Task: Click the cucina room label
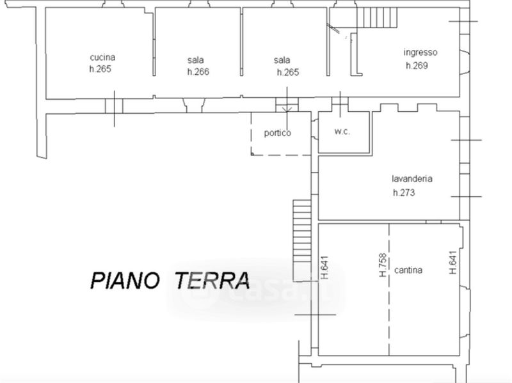point(102,57)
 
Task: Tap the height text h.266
point(198,72)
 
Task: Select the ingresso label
point(420,52)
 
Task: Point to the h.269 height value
point(417,65)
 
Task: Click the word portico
point(278,133)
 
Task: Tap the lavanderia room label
point(412,179)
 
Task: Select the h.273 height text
point(404,192)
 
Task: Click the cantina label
point(408,270)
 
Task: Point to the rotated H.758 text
point(382,265)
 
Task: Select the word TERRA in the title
point(212,279)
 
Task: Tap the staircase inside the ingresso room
point(377,17)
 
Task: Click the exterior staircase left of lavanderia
point(301,240)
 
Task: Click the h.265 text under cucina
point(100,69)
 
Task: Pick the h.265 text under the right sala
point(287,72)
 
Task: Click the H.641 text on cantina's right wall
point(452,262)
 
